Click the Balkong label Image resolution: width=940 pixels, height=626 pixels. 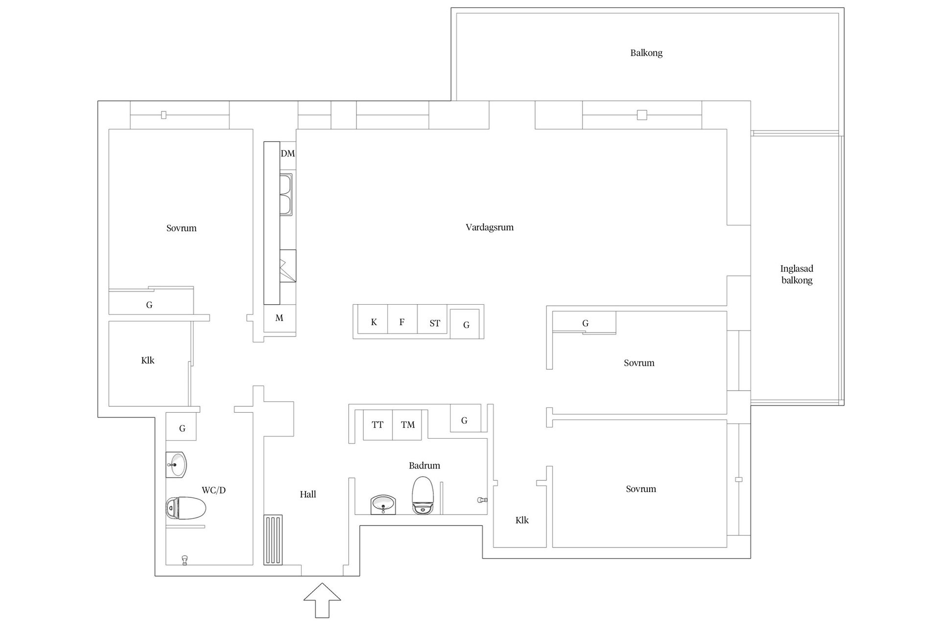pyautogui.click(x=646, y=53)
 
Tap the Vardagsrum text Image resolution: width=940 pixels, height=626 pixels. pyautogui.click(x=490, y=227)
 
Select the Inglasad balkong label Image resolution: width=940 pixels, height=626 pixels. pyautogui.click(x=797, y=274)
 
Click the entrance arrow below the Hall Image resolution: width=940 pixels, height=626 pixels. pyautogui.click(x=322, y=600)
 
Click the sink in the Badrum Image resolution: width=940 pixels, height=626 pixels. pyautogui.click(x=383, y=504)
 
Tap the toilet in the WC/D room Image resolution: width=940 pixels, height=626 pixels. pyautogui.click(x=186, y=508)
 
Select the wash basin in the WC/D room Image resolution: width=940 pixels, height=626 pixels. pyautogui.click(x=176, y=465)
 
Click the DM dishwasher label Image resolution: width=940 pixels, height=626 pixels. pyautogui.click(x=288, y=154)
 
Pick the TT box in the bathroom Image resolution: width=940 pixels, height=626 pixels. pyautogui.click(x=377, y=425)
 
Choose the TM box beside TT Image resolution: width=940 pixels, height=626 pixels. pyautogui.click(x=407, y=425)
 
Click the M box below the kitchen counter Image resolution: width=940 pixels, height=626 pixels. pyautogui.click(x=280, y=318)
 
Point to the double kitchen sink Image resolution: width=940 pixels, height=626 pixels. pyautogui.click(x=286, y=194)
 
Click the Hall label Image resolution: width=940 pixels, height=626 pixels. pyautogui.click(x=308, y=494)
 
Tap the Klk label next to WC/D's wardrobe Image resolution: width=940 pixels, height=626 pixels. pyautogui.click(x=148, y=360)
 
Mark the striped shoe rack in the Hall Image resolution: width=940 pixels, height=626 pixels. pyautogui.click(x=273, y=540)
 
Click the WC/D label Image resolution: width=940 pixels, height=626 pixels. pyautogui.click(x=214, y=490)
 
